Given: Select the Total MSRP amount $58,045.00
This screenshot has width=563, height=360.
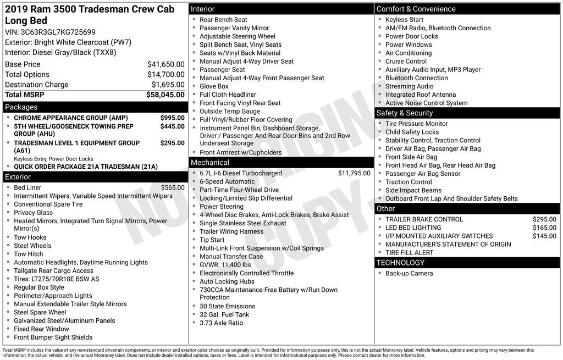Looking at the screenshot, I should tap(165, 95).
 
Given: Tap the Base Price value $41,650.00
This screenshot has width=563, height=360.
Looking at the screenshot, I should tap(165, 64).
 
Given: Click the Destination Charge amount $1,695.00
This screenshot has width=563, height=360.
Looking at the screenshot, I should tap(168, 85).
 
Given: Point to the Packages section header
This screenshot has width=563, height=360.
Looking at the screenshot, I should tap(21, 107).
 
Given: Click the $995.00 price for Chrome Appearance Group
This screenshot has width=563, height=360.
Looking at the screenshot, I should tap(172, 118).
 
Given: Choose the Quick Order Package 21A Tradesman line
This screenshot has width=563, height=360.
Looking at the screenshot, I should tap(85, 167).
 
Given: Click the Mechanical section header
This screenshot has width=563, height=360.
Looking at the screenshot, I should tap(209, 163).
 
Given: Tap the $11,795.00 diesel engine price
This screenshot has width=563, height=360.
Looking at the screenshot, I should tap(354, 173).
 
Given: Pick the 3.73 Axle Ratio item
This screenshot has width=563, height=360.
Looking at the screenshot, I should tap(221, 323).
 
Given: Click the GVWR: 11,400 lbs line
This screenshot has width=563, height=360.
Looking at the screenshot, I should tap(225, 265).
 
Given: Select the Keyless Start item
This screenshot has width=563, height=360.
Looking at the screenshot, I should tap(404, 20).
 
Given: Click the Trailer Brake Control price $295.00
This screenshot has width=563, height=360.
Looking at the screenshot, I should tap(544, 219).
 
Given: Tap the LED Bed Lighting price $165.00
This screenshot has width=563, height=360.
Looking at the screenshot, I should tap(544, 228).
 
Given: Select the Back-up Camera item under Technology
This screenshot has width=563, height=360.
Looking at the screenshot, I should tap(409, 273).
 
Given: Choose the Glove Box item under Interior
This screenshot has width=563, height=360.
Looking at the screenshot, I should tap(214, 86).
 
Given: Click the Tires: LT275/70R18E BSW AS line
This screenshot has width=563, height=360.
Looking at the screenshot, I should tap(57, 279).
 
